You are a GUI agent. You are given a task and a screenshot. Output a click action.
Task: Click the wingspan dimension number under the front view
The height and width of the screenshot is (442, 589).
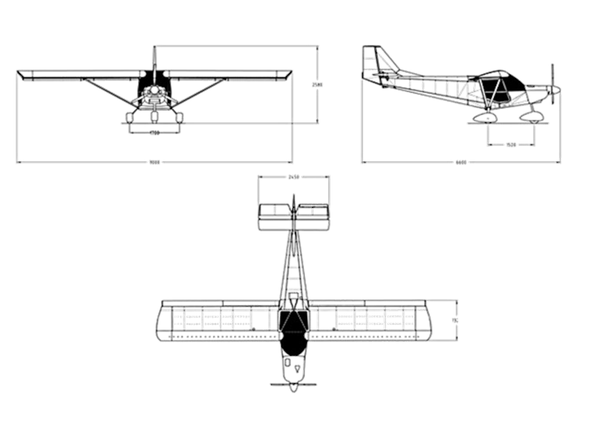click(155, 161)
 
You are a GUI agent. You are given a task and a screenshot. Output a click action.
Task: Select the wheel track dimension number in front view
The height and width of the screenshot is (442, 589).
click(155, 133)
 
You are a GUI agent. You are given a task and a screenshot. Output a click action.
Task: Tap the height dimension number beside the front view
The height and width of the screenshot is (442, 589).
click(317, 85)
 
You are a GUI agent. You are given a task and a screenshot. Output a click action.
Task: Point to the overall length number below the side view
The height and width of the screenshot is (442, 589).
click(461, 161)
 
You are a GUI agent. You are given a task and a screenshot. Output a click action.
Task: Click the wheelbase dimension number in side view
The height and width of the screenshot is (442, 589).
click(510, 143)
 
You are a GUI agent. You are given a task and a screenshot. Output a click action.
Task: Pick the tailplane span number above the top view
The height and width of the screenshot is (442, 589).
click(293, 176)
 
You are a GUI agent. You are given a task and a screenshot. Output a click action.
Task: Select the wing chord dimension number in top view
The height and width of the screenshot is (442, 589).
click(454, 320)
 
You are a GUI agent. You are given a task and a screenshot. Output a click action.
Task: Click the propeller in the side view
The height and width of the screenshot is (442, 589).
click(551, 88)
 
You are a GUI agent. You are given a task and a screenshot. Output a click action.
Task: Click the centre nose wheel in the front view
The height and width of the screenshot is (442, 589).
click(154, 116)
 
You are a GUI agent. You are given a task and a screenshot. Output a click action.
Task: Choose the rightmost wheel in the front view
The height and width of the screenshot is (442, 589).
click(177, 116)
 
